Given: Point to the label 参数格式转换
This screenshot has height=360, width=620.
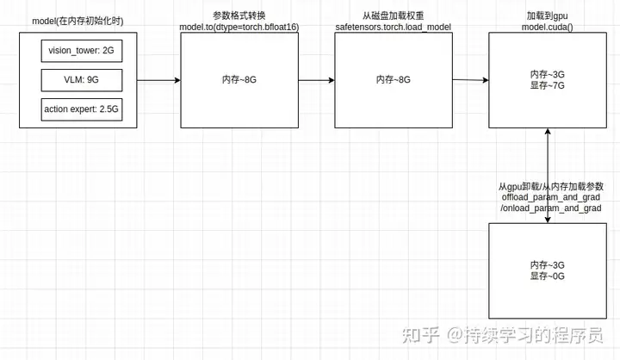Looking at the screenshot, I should tap(239, 16).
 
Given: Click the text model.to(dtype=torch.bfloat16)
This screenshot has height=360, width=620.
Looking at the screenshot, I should tap(239, 28).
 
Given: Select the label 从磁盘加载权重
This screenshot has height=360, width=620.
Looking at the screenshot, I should tap(393, 16).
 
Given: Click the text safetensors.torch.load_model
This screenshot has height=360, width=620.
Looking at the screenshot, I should tap(393, 28).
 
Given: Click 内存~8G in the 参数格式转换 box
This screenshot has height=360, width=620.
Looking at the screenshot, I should tap(239, 80).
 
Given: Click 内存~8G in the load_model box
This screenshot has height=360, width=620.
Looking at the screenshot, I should tap(393, 80).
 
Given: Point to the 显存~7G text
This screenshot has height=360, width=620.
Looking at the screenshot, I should tap(547, 86).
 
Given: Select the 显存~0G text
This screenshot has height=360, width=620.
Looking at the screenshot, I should tap(547, 276).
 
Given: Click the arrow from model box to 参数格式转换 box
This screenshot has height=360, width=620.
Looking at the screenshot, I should tap(158, 80).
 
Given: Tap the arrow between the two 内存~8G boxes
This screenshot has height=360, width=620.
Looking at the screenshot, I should tap(316, 80).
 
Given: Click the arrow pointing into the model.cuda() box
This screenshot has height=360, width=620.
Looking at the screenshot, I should tap(469, 80).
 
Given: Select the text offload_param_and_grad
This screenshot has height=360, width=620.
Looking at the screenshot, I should tap(549, 197).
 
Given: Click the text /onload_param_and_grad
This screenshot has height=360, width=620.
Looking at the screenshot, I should tap(549, 208).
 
